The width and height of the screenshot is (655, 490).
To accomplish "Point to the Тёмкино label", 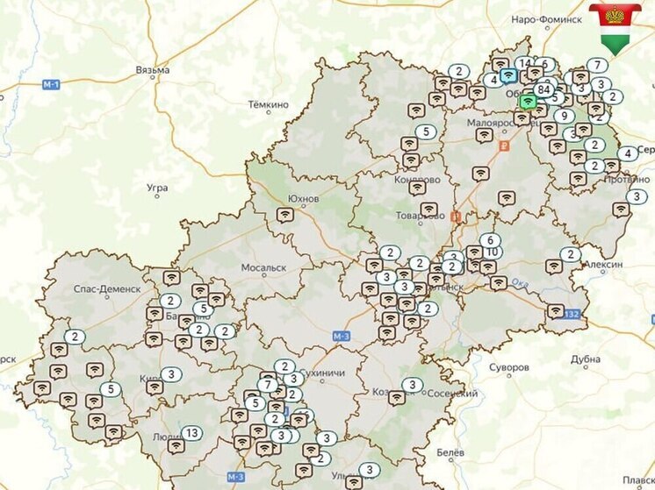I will pyautogui.click(x=268, y=104).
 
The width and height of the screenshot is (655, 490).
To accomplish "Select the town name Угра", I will pyautogui.click(x=157, y=188).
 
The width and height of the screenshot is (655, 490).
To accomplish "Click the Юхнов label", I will pyautogui.click(x=303, y=199).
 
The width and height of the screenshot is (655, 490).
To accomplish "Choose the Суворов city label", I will pyautogui.click(x=509, y=366).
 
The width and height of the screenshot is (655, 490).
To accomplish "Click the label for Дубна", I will pyautogui.click(x=586, y=359).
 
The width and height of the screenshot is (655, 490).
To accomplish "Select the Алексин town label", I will pyautogui.click(x=604, y=265).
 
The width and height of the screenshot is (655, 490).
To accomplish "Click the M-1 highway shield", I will pyautogui.click(x=51, y=84).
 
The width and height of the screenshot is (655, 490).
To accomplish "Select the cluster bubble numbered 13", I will pyautogui.click(x=191, y=433).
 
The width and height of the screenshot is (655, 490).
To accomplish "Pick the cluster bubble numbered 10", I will pyautogui.click(x=492, y=252).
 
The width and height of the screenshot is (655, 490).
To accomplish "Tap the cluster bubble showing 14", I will pyautogui.click(x=524, y=63).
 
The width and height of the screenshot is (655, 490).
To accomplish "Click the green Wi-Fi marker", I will pyautogui.click(x=527, y=102).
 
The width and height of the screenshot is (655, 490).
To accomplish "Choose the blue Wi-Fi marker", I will pyautogui.click(x=508, y=76).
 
